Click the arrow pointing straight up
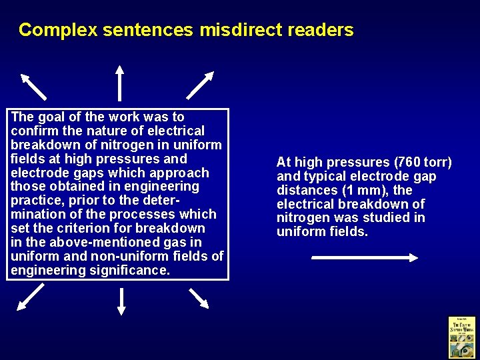[119, 82]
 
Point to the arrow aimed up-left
[33, 86]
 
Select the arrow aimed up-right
[200, 85]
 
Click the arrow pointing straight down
[121, 301]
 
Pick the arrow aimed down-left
[30, 297]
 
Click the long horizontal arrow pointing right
[364, 257]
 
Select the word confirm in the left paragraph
[32, 131]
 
